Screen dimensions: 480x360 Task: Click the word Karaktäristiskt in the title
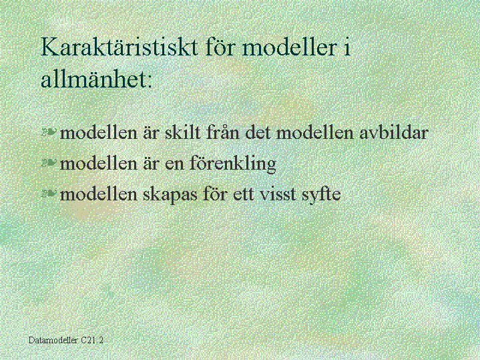click(x=119, y=47)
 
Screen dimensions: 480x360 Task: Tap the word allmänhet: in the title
click(x=96, y=79)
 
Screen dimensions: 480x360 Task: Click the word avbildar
click(x=393, y=132)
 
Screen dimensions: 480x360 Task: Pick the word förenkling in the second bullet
click(x=232, y=163)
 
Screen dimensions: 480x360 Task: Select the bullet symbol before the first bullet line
click(x=49, y=132)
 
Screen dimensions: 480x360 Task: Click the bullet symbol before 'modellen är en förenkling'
click(x=49, y=163)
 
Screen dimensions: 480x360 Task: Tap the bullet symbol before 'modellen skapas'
click(x=49, y=193)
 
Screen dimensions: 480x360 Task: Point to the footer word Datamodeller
click(x=53, y=340)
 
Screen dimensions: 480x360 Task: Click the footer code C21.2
click(x=92, y=340)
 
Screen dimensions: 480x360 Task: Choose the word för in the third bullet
click(x=215, y=194)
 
